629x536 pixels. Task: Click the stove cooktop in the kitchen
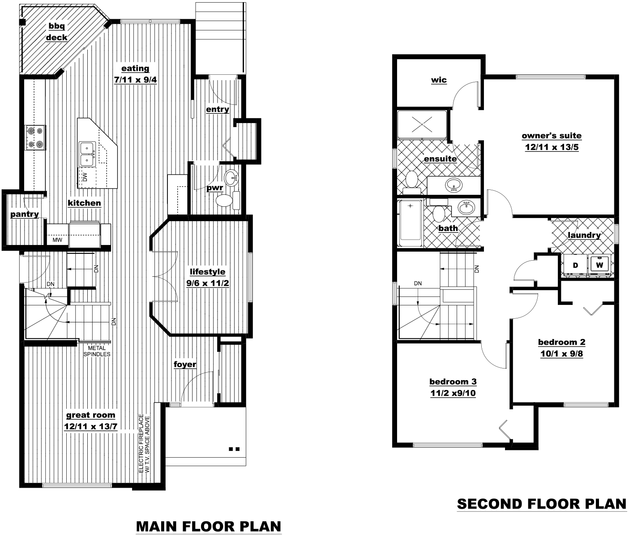click(x=35, y=137)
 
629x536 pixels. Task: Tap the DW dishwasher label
click(x=85, y=177)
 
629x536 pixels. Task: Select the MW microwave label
click(x=57, y=240)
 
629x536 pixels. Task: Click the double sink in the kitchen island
click(x=87, y=154)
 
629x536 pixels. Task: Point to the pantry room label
click(x=25, y=214)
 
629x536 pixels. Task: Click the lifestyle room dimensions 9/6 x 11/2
click(x=208, y=283)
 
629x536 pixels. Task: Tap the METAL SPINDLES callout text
click(x=97, y=351)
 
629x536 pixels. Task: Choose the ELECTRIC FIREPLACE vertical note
click(x=144, y=443)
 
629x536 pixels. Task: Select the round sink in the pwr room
click(x=231, y=177)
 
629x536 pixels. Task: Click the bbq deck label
click(x=56, y=32)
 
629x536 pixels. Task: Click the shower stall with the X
click(x=422, y=124)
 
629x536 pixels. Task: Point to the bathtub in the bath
click(x=411, y=223)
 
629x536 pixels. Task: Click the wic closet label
click(x=439, y=80)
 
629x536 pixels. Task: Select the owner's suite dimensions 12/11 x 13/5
click(x=552, y=147)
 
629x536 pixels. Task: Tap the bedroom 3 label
click(x=453, y=382)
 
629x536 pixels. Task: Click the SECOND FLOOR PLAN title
click(x=542, y=504)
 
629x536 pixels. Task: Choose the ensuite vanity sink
click(x=454, y=185)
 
